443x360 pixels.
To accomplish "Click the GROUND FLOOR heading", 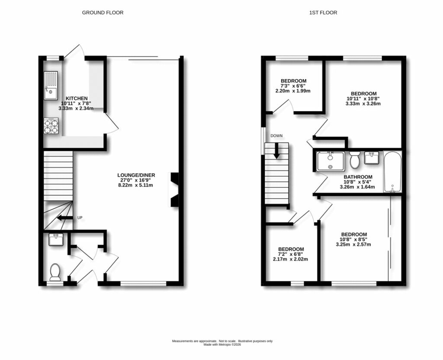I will pos(103,13).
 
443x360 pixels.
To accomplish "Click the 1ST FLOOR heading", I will pos(323,13).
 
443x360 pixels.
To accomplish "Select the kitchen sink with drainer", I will pos(51,85).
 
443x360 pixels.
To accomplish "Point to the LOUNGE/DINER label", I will pos(136,175).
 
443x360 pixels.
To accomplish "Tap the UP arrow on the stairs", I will pos(65,218).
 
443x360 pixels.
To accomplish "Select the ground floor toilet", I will pos(55,272).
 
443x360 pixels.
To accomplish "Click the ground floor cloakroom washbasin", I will pos(55,239).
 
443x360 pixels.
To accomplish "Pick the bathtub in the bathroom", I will pos(393,171).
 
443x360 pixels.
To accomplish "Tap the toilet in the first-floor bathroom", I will pos(355,160).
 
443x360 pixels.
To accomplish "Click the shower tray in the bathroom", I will pos(331,161).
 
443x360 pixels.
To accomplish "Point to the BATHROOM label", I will pos(358,177).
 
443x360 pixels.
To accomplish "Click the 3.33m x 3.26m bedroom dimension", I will pos(363,104).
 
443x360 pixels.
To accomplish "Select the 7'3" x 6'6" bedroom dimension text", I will pos(293,86).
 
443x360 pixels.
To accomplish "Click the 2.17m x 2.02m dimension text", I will pos(291,259).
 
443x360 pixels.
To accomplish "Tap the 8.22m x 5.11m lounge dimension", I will pos(136,185).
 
